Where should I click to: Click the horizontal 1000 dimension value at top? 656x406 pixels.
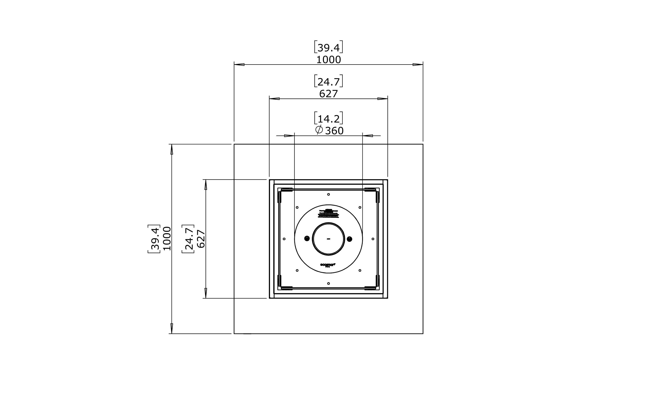pyautogui.click(x=329, y=60)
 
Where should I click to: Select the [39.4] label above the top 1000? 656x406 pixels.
pyautogui.click(x=329, y=48)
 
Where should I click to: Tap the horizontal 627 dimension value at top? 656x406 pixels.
pyautogui.click(x=329, y=94)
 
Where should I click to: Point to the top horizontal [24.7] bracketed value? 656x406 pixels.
pyautogui.click(x=329, y=82)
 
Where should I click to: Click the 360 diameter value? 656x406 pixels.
pyautogui.click(x=334, y=131)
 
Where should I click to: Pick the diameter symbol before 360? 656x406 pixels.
pyautogui.click(x=319, y=130)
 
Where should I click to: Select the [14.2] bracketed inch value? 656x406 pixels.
pyautogui.click(x=329, y=118)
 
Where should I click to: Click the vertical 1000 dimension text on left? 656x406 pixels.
pyautogui.click(x=167, y=238)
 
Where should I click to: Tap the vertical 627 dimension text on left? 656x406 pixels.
pyautogui.click(x=201, y=238)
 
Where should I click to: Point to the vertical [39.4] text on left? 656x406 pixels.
pyautogui.click(x=154, y=238)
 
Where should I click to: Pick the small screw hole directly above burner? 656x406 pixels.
pyautogui.click(x=329, y=194)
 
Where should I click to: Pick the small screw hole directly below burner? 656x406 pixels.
pyautogui.click(x=329, y=283)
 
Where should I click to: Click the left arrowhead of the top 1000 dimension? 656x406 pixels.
pyautogui.click(x=239, y=64)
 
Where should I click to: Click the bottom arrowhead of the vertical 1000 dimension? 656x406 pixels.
pyautogui.click(x=172, y=328)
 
